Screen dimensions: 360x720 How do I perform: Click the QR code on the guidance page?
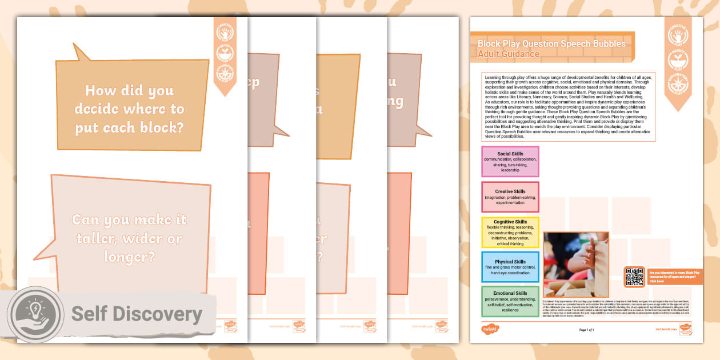click(635, 277)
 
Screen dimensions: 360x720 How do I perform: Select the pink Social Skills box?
click(510, 162)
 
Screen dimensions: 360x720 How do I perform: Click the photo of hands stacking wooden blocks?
click(575, 264)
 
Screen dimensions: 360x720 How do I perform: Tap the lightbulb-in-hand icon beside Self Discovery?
click(36, 315)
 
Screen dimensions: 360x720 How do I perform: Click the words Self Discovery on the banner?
click(137, 314)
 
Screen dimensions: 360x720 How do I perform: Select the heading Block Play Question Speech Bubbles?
click(551, 43)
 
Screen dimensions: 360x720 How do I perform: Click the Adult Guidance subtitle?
click(508, 54)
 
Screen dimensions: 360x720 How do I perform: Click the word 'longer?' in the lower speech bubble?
click(129, 257)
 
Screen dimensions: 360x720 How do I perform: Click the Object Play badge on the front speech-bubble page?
click(225, 53)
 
